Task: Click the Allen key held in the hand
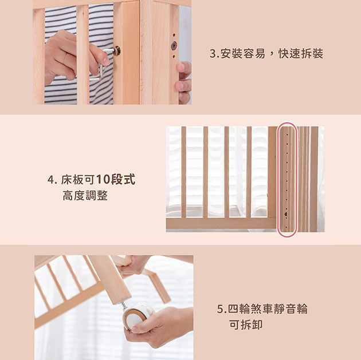[x=101, y=64]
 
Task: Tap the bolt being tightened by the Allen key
[x=117, y=50]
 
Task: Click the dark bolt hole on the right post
[x=174, y=46]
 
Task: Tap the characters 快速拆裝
[x=301, y=54]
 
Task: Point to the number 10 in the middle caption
[x=103, y=180]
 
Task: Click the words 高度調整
[x=85, y=196]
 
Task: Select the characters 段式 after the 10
[x=123, y=180]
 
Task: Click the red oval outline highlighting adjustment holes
[x=277, y=179]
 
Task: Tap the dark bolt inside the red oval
[x=286, y=214]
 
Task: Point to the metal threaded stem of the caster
[x=124, y=306]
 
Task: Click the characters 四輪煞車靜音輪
[x=268, y=308]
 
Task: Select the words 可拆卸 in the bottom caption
[x=246, y=325]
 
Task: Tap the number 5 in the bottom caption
[x=220, y=309]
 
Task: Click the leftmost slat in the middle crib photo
[x=183, y=172]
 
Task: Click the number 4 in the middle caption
[x=50, y=180]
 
